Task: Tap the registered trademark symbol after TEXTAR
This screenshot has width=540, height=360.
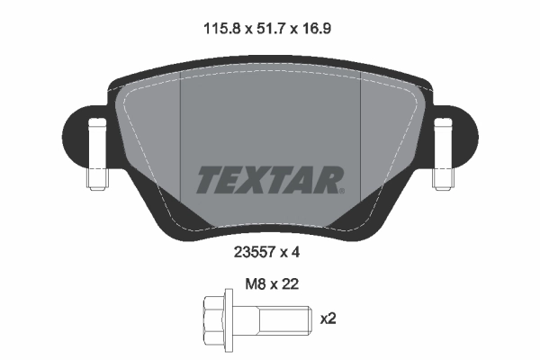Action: tap(341, 190)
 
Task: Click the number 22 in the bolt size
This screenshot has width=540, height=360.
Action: tap(289, 283)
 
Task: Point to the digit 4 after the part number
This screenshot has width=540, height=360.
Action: tap(295, 253)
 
